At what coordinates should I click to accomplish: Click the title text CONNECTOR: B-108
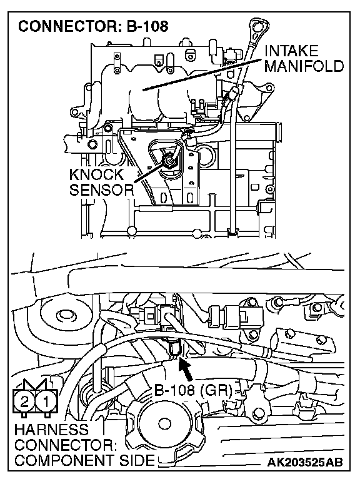[93, 26]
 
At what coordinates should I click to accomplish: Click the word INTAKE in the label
[291, 51]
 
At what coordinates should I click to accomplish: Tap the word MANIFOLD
[304, 66]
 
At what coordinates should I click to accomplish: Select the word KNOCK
[96, 174]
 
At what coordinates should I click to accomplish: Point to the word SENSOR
[102, 189]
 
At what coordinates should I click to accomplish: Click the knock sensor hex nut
[170, 159]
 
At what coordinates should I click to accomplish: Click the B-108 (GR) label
[193, 390]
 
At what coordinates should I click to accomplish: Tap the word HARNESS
[51, 430]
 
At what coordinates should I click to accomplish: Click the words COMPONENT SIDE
[84, 460]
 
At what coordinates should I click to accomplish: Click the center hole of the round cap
[164, 423]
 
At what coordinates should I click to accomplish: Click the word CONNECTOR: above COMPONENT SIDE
[66, 445]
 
